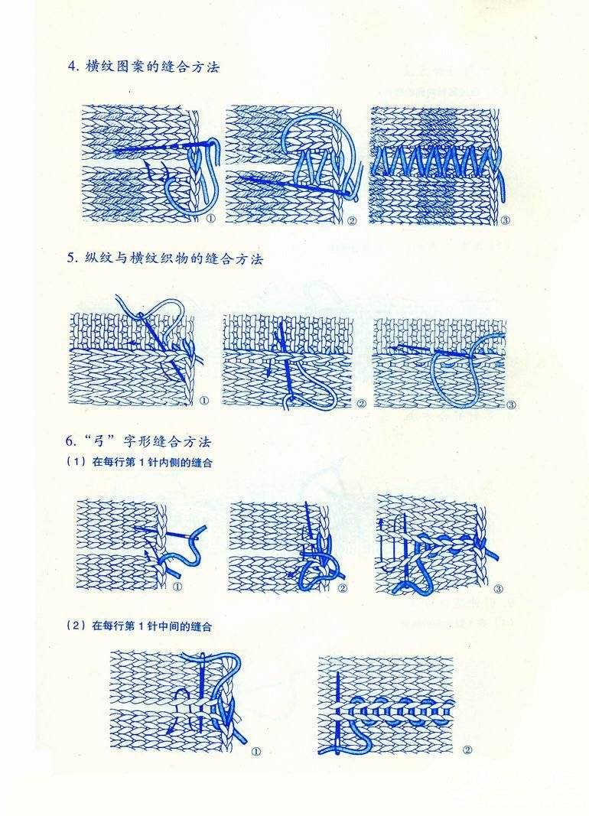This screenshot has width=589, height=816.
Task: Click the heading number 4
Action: pyautogui.click(x=72, y=67)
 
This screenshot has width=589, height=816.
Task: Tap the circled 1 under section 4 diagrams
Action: pyautogui.click(x=211, y=219)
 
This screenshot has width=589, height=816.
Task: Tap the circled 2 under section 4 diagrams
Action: pyautogui.click(x=352, y=220)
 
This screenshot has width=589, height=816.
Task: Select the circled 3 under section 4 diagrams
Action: pyautogui.click(x=505, y=220)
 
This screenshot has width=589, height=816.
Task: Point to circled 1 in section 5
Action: pyautogui.click(x=204, y=401)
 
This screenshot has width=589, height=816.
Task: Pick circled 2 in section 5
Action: pyautogui.click(x=361, y=403)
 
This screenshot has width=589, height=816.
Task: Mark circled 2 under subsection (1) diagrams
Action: pyautogui.click(x=343, y=588)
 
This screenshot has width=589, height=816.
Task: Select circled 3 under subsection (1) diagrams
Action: pyautogui.click(x=498, y=589)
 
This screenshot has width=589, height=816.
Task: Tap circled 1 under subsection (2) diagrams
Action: pyautogui.click(x=256, y=752)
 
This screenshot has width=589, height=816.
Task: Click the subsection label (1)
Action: pyautogui.click(x=76, y=462)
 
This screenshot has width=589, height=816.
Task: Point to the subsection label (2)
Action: pyautogui.click(x=76, y=626)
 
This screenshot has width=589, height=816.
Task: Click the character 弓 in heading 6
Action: pyautogui.click(x=98, y=442)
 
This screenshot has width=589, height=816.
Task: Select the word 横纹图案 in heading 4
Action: pyautogui.click(x=110, y=67)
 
